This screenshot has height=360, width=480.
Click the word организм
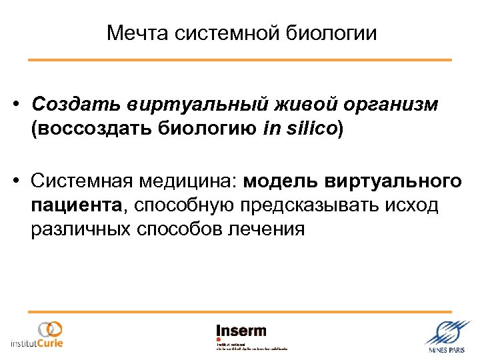coord(389,105)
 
